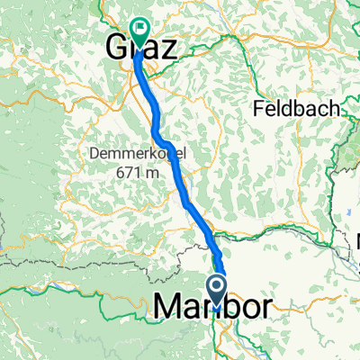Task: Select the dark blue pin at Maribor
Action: tap(217, 290)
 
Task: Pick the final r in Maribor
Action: tap(260, 309)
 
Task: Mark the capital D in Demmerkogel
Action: tap(94, 154)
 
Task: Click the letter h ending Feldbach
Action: tap(336, 108)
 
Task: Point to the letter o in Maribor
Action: tap(243, 309)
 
